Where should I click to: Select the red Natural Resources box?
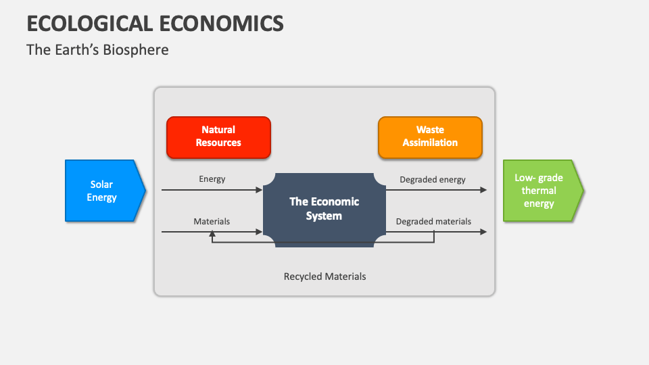click(x=218, y=137)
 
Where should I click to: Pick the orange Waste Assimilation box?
click(x=430, y=137)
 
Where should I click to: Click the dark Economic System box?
click(x=324, y=209)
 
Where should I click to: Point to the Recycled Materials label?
click(x=324, y=276)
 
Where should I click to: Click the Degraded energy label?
click(x=433, y=179)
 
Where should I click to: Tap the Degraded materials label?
click(x=433, y=221)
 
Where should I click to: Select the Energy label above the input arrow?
click(x=212, y=179)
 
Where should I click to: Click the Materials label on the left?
click(x=212, y=221)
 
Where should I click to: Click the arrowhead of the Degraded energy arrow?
click(x=483, y=190)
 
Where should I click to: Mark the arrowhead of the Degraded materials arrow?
click(x=483, y=232)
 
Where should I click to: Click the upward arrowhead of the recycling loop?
click(x=212, y=234)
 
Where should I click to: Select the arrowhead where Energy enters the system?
click(x=259, y=190)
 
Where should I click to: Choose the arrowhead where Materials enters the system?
click(x=259, y=232)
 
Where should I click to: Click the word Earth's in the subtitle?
click(x=74, y=50)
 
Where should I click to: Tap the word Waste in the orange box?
click(x=430, y=130)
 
